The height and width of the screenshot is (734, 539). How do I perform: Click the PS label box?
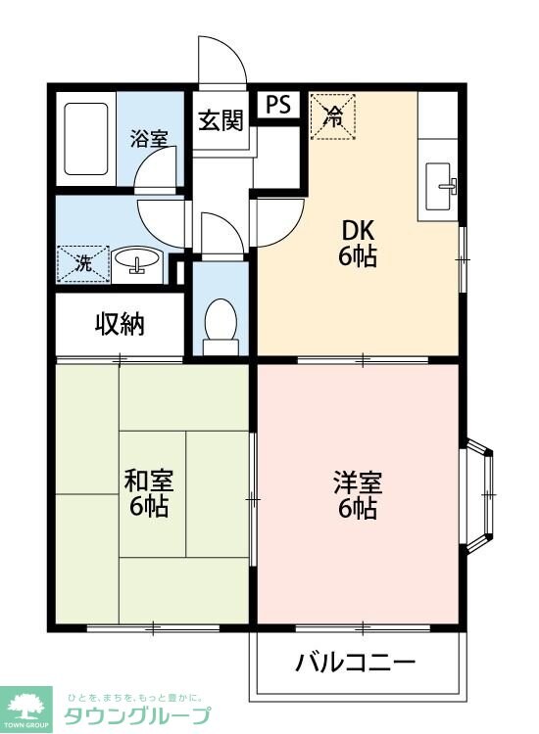[x=278, y=105]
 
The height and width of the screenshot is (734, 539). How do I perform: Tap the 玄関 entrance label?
[x=220, y=119]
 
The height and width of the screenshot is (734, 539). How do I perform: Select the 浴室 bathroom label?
[x=149, y=139]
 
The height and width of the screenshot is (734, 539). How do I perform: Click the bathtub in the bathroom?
[x=86, y=139]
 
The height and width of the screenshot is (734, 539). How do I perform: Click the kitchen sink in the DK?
[x=440, y=186]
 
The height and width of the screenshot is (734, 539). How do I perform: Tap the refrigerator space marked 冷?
[x=333, y=116]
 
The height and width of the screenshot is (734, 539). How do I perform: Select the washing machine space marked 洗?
[x=83, y=264]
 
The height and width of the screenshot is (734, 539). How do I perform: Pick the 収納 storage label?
[x=120, y=324]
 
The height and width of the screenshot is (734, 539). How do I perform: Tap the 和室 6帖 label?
[x=148, y=493]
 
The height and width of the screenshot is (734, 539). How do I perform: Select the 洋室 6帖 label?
[x=358, y=495]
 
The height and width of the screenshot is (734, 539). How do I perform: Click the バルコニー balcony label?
[x=356, y=662]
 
